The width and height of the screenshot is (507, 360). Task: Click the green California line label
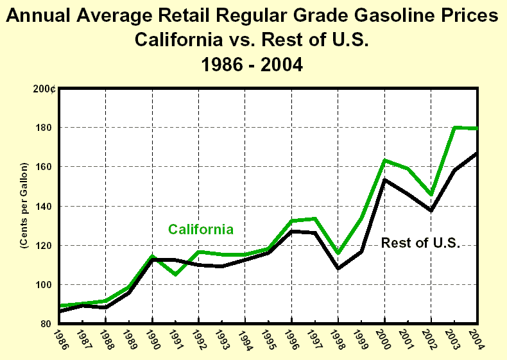pos(200,229)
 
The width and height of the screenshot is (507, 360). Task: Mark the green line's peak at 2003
pos(454,127)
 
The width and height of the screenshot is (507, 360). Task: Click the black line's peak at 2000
pos(384,180)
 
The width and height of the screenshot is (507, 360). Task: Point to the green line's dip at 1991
pos(175,275)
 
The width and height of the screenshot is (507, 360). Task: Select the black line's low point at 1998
pos(338,268)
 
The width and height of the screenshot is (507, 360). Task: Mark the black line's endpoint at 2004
pos(476,153)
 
